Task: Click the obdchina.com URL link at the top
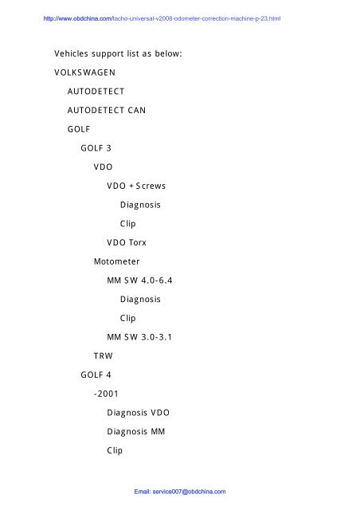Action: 162,18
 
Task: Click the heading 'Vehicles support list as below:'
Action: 118,53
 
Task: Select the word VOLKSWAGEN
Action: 84,73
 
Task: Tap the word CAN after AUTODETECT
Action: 136,110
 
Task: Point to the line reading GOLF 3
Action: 96,148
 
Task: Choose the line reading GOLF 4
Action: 96,375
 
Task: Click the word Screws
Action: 151,186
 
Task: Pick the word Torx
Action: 138,242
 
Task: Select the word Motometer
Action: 117,261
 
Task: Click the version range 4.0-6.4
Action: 156,280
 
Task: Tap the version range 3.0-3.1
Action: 156,337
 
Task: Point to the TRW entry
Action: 103,356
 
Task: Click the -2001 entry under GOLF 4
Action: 106,394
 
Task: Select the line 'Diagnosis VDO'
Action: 139,413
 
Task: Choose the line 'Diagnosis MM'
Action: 136,431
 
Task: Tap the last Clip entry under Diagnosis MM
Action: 115,450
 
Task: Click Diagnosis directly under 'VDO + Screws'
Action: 140,205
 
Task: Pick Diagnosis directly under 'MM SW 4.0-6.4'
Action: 140,300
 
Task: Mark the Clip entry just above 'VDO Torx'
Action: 127,224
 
